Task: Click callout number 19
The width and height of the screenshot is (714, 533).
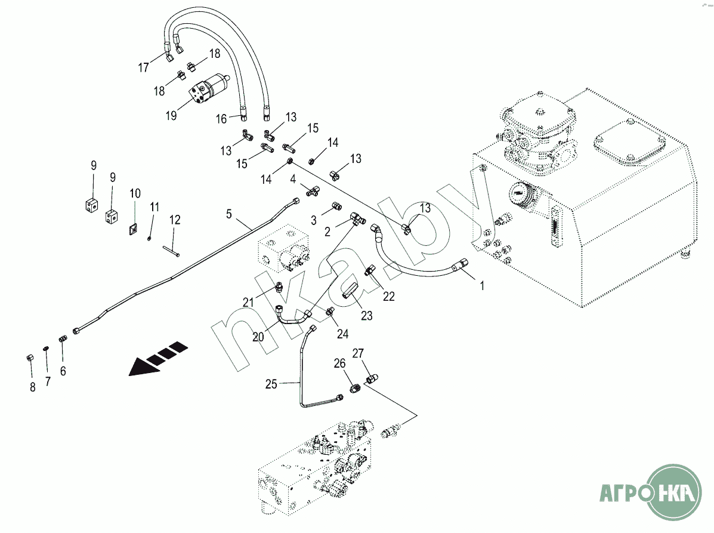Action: tap(171, 116)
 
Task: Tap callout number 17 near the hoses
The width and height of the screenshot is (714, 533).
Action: tap(144, 67)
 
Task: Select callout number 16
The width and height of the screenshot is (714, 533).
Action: tap(221, 119)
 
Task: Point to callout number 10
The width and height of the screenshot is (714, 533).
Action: tap(135, 193)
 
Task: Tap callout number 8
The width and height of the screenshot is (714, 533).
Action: tap(33, 387)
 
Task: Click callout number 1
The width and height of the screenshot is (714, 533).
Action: tap(482, 286)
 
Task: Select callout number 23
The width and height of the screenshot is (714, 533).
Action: tap(366, 316)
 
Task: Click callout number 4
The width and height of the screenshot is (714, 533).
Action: tap(293, 178)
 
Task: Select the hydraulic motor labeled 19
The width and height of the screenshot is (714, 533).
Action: tap(208, 88)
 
